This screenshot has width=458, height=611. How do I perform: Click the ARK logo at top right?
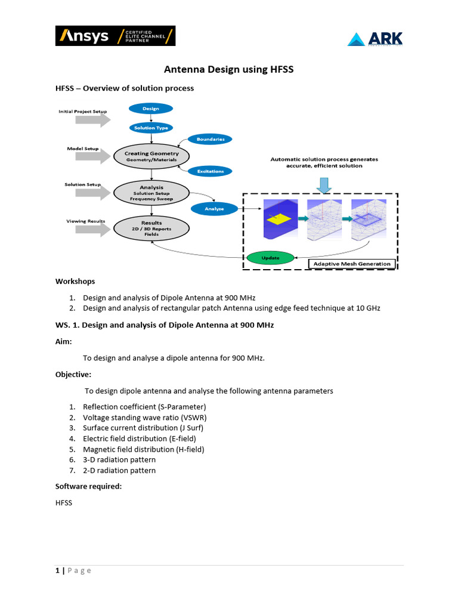(375, 39)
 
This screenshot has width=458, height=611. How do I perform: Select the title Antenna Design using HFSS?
(229, 70)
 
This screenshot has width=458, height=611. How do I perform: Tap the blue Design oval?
(151, 109)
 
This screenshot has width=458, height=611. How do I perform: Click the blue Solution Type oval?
(151, 128)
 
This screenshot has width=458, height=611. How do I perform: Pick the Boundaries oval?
(210, 139)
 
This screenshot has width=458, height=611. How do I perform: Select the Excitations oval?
(210, 171)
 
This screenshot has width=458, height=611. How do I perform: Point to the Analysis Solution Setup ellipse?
(151, 193)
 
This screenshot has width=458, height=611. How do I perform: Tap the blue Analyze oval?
(214, 209)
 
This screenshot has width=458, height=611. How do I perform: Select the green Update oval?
(270, 258)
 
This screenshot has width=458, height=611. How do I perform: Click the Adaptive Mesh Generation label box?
(352, 264)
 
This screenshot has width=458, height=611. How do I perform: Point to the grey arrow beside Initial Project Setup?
(93, 120)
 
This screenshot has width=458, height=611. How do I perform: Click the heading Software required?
(89, 486)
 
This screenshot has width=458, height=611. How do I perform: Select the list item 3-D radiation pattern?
(119, 459)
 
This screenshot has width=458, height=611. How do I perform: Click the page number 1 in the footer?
(57, 570)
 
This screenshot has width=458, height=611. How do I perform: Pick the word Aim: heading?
(64, 341)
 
